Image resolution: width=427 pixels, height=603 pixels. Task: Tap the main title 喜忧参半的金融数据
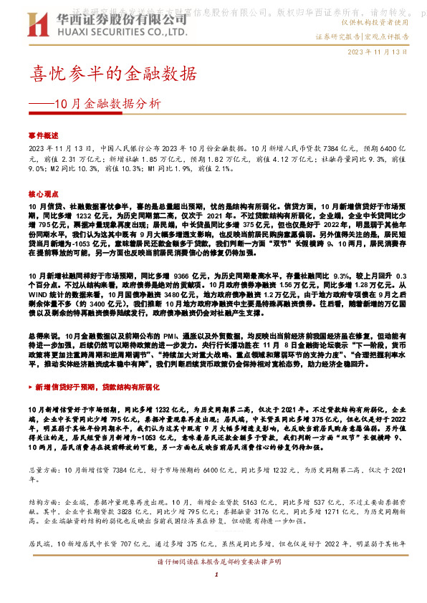[x=112, y=73]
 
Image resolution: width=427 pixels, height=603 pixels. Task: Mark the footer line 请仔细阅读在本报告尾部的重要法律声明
[x=214, y=564]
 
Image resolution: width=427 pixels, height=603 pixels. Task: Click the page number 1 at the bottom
[x=214, y=575]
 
